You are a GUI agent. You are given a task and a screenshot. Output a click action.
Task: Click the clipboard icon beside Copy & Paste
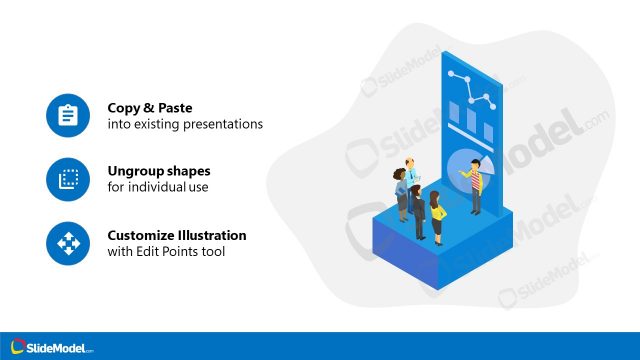click(68, 116)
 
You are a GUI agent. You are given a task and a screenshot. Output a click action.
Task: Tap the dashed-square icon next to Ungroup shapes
click(68, 180)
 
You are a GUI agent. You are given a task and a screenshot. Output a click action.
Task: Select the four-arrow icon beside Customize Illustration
click(68, 244)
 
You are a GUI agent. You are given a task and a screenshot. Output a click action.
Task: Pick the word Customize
click(141, 235)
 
